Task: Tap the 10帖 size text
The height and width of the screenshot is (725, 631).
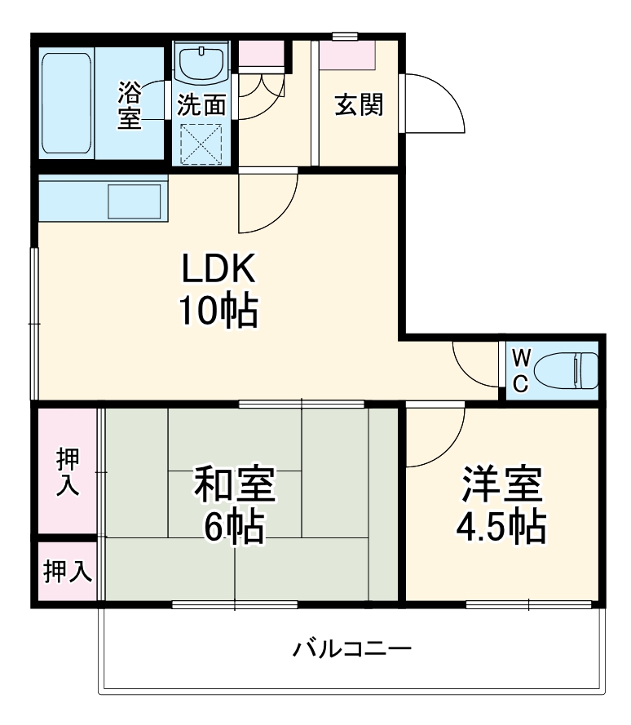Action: (218, 311)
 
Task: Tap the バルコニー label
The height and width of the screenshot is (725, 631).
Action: (352, 650)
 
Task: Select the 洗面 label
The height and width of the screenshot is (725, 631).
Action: (201, 105)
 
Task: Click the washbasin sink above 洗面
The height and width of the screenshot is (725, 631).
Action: (201, 64)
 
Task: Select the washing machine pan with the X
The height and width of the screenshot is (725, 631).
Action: (201, 144)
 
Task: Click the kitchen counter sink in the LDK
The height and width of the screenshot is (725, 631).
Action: (134, 201)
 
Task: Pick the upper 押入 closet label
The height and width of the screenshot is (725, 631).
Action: (68, 471)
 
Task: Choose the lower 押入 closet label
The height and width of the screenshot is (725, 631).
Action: (68, 572)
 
